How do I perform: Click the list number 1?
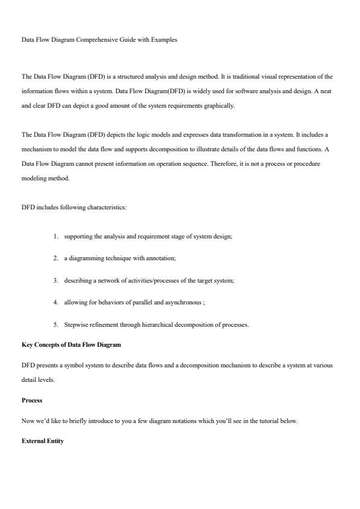click(55, 237)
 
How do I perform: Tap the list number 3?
click(55, 281)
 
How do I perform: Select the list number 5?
click(55, 325)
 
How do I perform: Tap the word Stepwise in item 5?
click(75, 325)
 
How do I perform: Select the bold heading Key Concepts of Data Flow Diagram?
click(71, 345)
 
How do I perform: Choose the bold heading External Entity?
click(42, 441)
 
